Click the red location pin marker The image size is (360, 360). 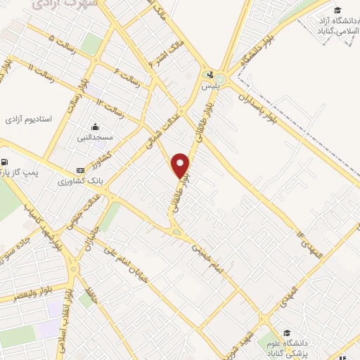(x=181, y=165)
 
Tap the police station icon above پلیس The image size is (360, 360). (x=209, y=75)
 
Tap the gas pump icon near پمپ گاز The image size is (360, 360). (x=5, y=160)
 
